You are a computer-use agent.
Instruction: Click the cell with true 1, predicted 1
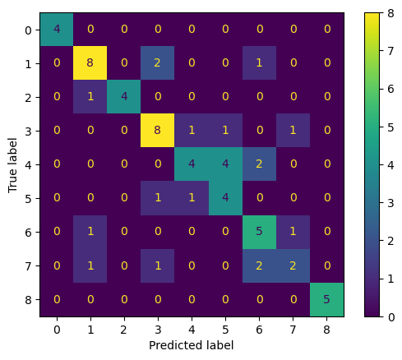(x=90, y=63)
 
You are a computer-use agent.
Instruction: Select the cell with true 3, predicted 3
(x=158, y=131)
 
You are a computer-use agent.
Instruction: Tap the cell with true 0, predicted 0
(x=57, y=30)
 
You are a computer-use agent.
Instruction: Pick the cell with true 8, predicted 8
(x=326, y=300)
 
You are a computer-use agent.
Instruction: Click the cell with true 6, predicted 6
(x=259, y=232)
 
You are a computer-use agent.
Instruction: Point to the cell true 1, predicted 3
(x=158, y=63)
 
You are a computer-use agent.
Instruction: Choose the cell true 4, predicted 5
(x=225, y=164)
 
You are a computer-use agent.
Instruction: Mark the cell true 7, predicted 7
(x=293, y=265)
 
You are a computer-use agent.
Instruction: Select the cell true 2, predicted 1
(x=90, y=97)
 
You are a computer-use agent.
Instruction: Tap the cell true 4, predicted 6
(x=259, y=164)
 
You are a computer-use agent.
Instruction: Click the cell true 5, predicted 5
(x=225, y=198)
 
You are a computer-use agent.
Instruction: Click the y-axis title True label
(x=12, y=165)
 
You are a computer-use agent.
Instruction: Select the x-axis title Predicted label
(x=192, y=345)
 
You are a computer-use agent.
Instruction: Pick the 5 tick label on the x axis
(x=225, y=330)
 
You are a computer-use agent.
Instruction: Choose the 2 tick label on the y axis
(x=29, y=98)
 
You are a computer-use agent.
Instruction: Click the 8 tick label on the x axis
(x=326, y=330)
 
